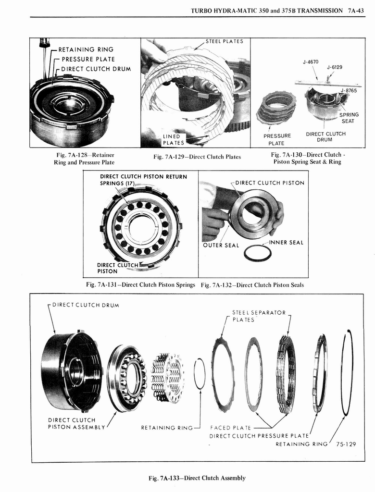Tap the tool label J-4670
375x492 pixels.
[x=311, y=62]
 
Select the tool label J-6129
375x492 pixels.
[x=335, y=67]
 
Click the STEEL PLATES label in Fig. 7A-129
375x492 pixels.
[x=224, y=41]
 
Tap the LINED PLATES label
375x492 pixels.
[x=173, y=139]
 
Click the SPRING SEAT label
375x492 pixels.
[x=349, y=118]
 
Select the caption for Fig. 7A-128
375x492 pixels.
[x=84, y=159]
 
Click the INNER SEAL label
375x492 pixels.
[x=286, y=243]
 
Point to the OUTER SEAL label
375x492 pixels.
[x=221, y=246]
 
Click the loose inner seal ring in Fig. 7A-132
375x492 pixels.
[x=257, y=253]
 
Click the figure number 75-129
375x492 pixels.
[x=346, y=444]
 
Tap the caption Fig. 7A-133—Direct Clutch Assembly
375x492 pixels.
[x=197, y=478]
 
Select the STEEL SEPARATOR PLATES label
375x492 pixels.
[x=259, y=316]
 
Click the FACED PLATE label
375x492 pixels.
[x=231, y=428]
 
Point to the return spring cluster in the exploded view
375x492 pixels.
[x=167, y=378]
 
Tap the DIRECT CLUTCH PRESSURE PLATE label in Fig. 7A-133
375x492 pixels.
[x=259, y=436]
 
